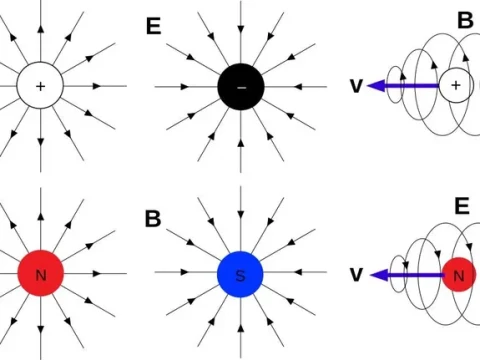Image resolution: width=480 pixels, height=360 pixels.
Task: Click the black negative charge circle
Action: [x=240, y=88]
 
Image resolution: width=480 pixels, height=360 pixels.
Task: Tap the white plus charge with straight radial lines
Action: [x=40, y=87]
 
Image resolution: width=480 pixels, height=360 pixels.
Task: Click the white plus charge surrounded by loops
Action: [x=456, y=87]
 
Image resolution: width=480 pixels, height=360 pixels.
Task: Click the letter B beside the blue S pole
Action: [x=153, y=219]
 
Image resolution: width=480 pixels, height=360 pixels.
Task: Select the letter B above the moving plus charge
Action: [x=465, y=20]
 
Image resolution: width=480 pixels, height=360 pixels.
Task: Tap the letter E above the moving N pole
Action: [x=462, y=207]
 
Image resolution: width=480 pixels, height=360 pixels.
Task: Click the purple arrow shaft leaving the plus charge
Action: [x=410, y=87]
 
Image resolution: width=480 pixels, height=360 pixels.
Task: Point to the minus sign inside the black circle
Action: [x=240, y=88]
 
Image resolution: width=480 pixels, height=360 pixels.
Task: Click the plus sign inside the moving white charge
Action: [x=456, y=87]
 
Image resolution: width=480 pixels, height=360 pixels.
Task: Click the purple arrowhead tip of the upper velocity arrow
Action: [x=370, y=87]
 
